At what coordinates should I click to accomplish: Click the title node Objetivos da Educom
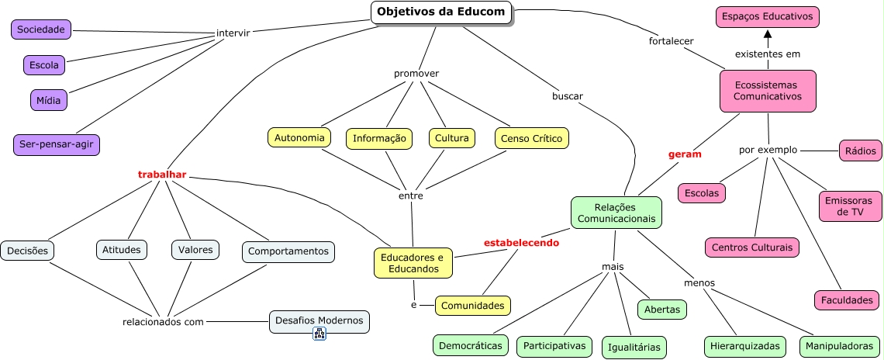pyautogui.click(x=441, y=12)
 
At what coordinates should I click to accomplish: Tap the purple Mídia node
pyautogui.click(x=50, y=100)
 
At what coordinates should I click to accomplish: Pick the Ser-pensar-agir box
pyautogui.click(x=57, y=144)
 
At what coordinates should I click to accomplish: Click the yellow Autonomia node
pyautogui.click(x=299, y=137)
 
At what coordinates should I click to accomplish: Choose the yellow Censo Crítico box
pyautogui.click(x=532, y=138)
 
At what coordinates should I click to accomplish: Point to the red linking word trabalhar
pyautogui.click(x=162, y=175)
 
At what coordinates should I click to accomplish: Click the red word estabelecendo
pyautogui.click(x=521, y=242)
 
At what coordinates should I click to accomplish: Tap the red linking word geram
pyautogui.click(x=685, y=154)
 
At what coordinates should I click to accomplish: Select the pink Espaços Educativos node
pyautogui.click(x=767, y=16)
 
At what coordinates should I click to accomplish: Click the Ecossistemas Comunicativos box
pyautogui.click(x=767, y=90)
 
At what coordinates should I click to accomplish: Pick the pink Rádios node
pyautogui.click(x=860, y=151)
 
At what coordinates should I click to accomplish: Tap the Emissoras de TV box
pyautogui.click(x=851, y=206)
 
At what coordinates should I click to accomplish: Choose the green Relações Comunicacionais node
pyautogui.click(x=616, y=213)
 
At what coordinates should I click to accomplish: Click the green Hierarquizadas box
pyautogui.click(x=745, y=346)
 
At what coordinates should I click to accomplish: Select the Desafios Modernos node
pyautogui.click(x=319, y=320)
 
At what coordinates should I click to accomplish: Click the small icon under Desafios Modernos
pyautogui.click(x=319, y=334)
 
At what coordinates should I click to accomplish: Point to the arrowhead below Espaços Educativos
pyautogui.click(x=768, y=35)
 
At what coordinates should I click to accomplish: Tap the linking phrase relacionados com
pyautogui.click(x=163, y=322)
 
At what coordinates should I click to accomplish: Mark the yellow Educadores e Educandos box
pyautogui.click(x=413, y=262)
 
